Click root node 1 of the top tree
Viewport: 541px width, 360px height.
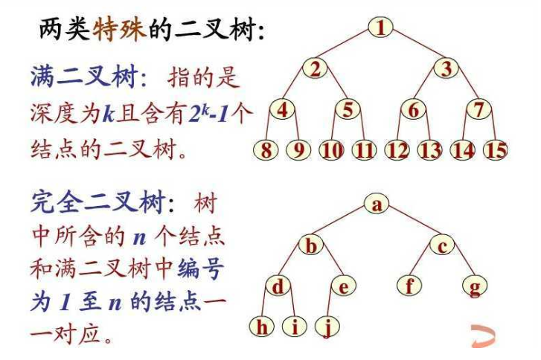[x=380, y=28]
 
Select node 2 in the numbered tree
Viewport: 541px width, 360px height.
[x=316, y=69]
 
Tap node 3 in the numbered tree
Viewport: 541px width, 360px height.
[x=446, y=69]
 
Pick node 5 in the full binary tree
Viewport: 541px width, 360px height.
[x=348, y=109]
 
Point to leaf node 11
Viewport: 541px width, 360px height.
[x=364, y=150]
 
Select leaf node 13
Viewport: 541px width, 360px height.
[x=429, y=150]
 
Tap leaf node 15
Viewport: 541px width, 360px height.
[x=495, y=150]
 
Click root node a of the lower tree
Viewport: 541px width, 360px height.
[x=377, y=204]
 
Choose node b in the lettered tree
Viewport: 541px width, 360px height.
[x=313, y=245]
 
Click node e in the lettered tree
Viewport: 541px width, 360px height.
[x=344, y=286]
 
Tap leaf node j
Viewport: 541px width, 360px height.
[x=327, y=326]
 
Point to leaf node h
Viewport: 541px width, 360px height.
[x=262, y=326]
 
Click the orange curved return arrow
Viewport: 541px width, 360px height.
[x=483, y=336]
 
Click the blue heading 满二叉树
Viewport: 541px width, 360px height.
[x=75, y=76]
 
